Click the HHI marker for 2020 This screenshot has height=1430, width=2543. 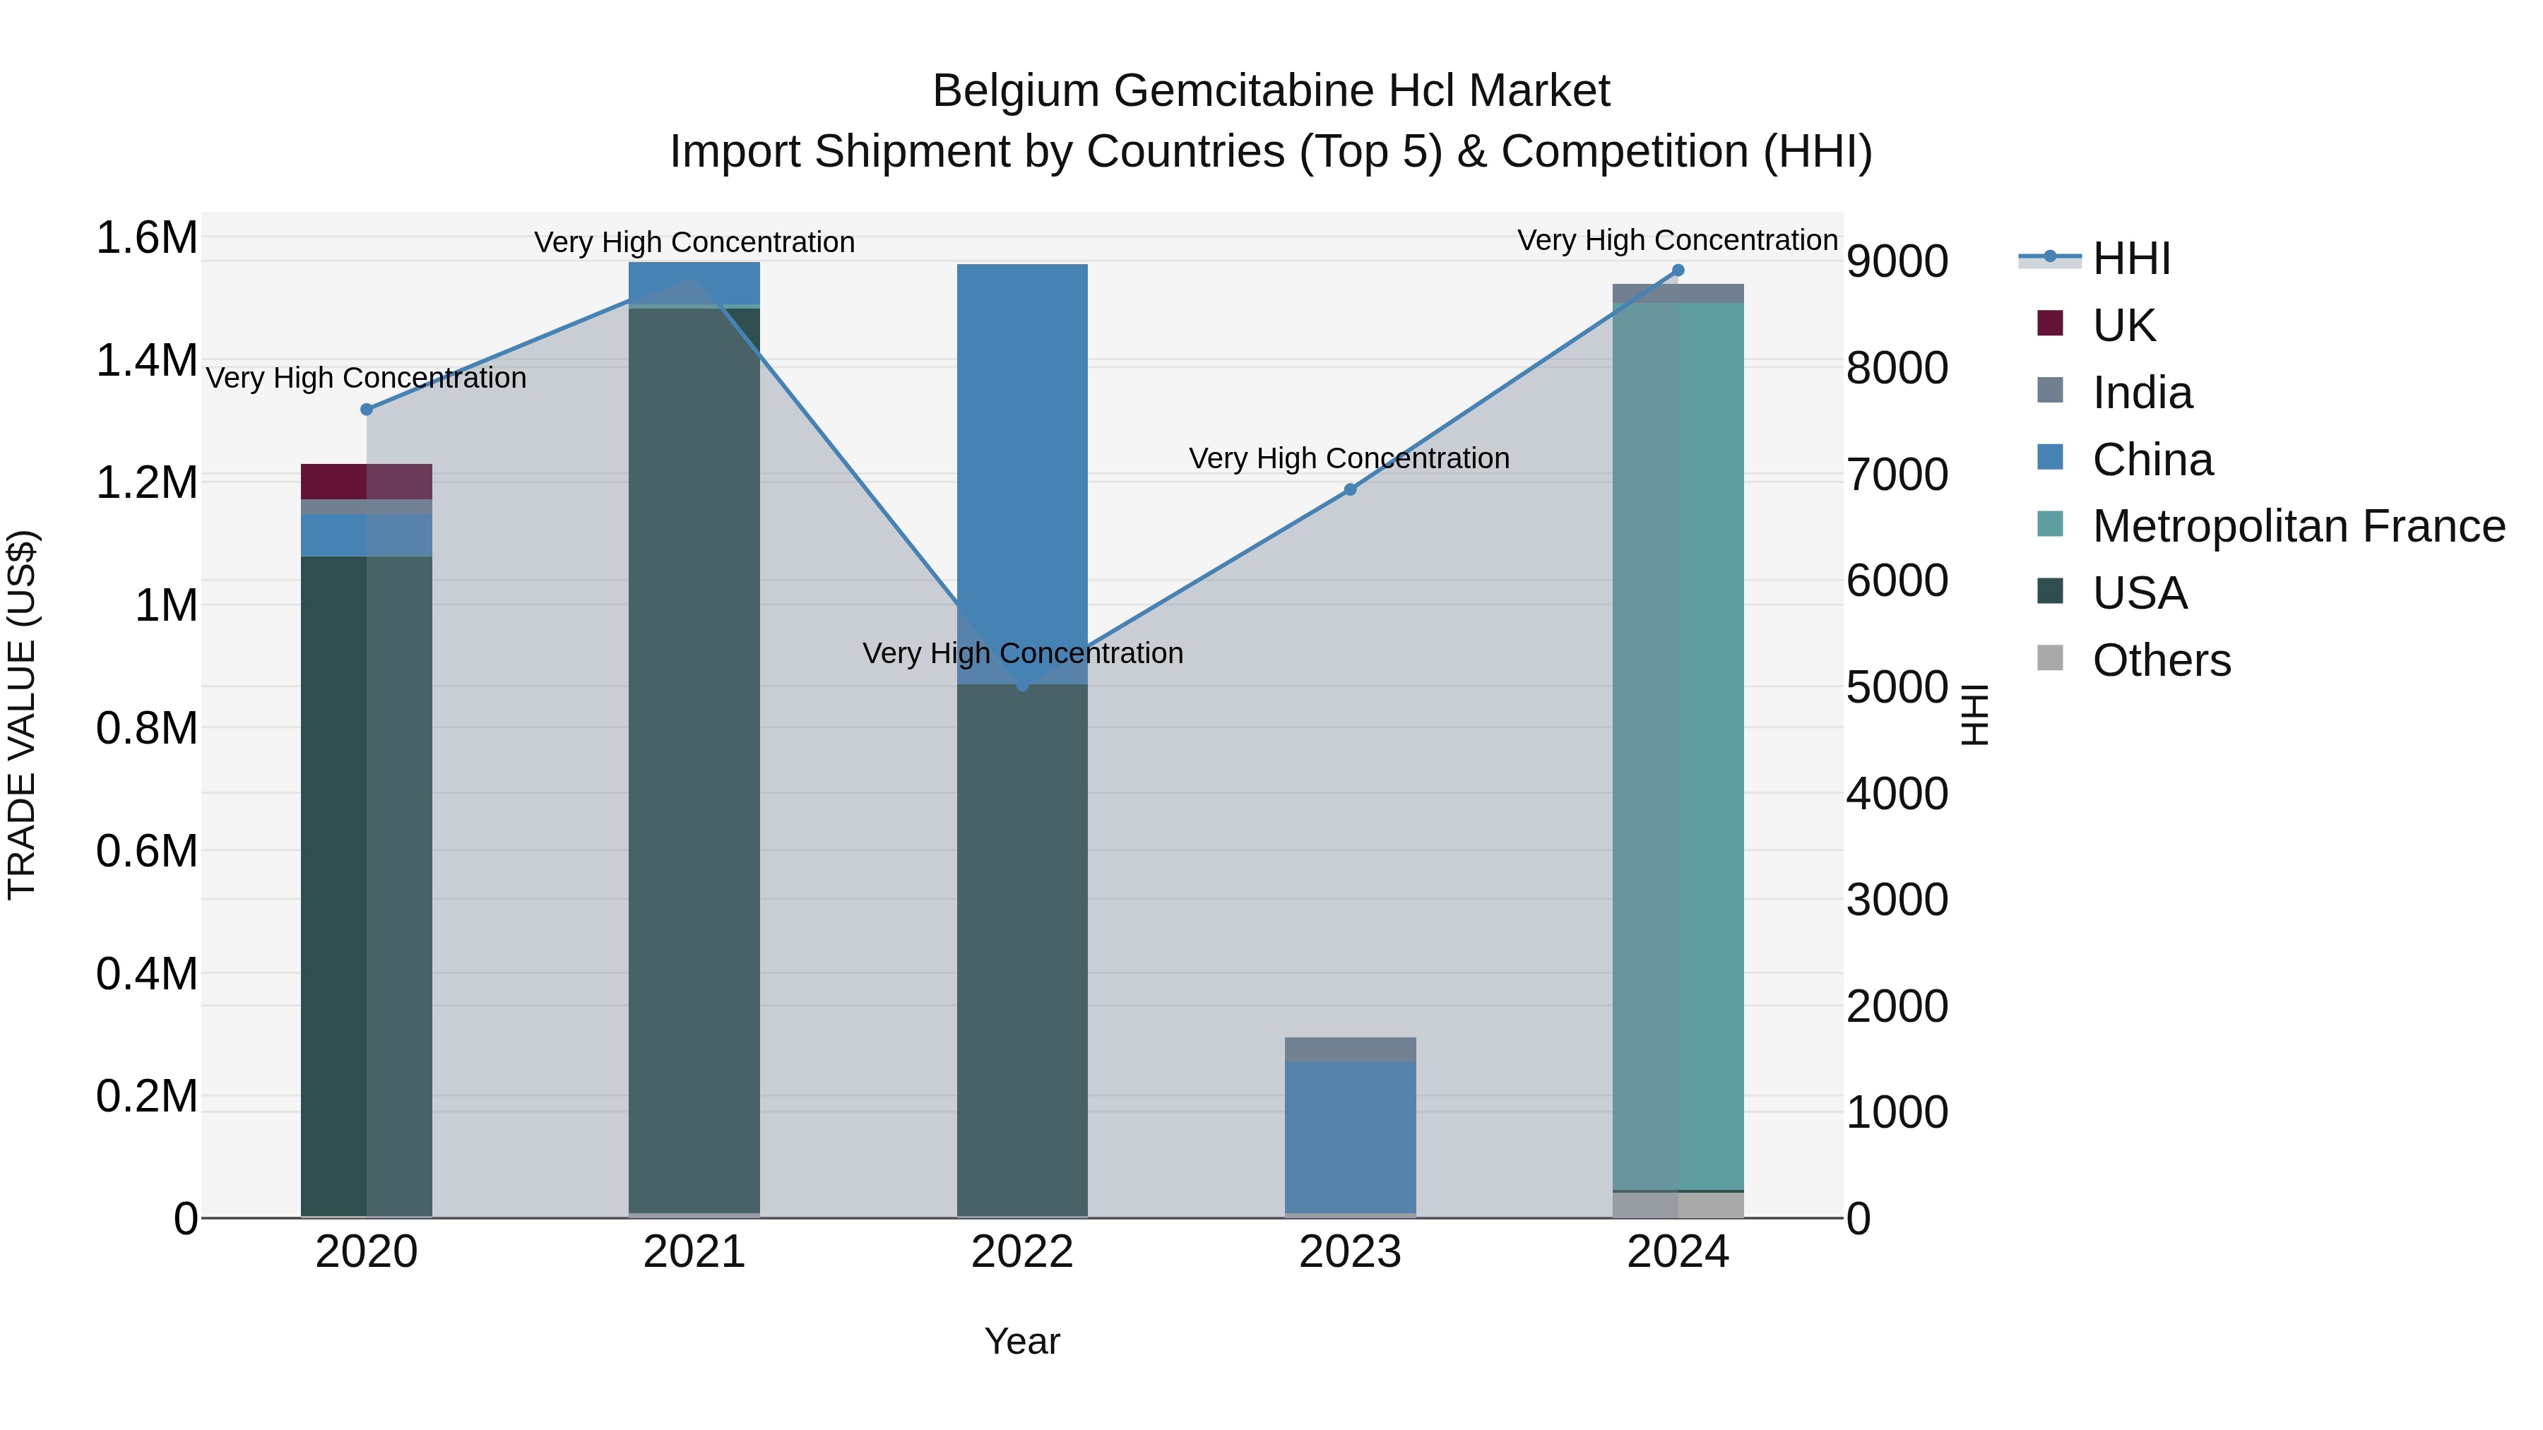tap(366, 410)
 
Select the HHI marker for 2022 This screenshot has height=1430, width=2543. tap(1023, 685)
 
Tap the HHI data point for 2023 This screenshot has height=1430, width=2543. tap(1351, 489)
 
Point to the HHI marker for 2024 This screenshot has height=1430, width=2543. tap(1678, 270)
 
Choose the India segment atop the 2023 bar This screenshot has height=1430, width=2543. tap(1351, 1049)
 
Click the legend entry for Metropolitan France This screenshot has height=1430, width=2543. tap(2297, 526)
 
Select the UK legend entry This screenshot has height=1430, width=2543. tap(2123, 326)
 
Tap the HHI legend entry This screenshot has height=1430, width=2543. tap(2130, 258)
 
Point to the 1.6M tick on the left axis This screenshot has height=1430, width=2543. tap(147, 238)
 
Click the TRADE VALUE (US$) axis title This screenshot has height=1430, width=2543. tap(23, 715)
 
